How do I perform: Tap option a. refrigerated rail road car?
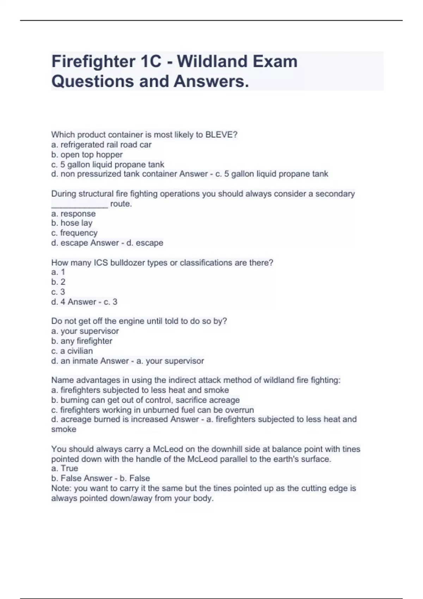coord(102,145)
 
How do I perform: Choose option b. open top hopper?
coord(87,155)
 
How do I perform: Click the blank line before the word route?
coord(80,204)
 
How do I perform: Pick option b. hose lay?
coord(72,223)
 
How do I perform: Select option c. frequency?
coord(74,233)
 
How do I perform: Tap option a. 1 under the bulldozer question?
coord(58,272)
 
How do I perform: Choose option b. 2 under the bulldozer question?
coord(58,282)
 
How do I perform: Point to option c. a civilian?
coord(72,351)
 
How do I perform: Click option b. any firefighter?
coord(82,341)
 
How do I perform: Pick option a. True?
coord(65,468)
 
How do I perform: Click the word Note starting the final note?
coord(61,488)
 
